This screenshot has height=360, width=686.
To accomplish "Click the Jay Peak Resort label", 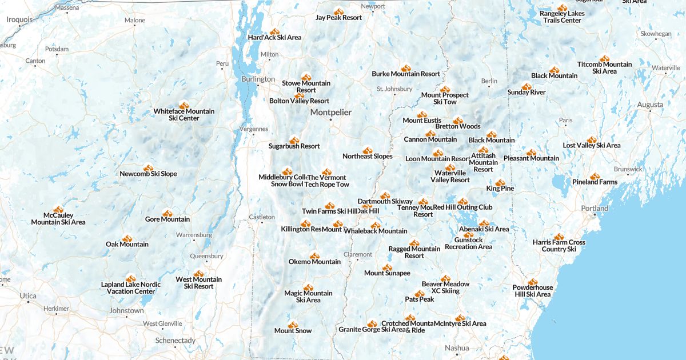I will tap(338, 18).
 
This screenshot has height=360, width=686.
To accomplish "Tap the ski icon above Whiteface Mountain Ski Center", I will tap(184, 105).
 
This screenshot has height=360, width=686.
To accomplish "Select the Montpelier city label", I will tap(330, 113).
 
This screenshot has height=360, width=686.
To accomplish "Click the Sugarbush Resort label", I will tap(294, 146).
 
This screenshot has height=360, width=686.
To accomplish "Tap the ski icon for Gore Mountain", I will tap(167, 213).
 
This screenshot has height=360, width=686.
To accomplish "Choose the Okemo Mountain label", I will tap(314, 262).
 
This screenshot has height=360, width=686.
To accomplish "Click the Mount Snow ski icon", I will tap(293, 325).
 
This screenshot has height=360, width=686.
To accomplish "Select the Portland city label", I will tap(595, 209).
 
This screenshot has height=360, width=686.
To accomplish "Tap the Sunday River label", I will tap(526, 93).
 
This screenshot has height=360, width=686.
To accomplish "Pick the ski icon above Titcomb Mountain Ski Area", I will tap(604, 58).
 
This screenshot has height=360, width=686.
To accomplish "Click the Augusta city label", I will tap(650, 105).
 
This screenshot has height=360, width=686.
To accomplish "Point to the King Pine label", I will tap(500, 189).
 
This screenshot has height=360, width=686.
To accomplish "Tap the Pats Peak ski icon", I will tap(420, 293).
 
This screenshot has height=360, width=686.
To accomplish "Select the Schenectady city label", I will tap(175, 341).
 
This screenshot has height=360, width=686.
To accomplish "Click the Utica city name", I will tap(27, 296).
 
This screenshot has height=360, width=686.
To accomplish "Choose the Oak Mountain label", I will tap(127, 245).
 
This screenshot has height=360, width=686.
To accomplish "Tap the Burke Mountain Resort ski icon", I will tap(406, 68).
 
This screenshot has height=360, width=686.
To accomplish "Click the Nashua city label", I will tap(457, 348).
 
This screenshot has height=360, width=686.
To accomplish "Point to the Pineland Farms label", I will tap(595, 182).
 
